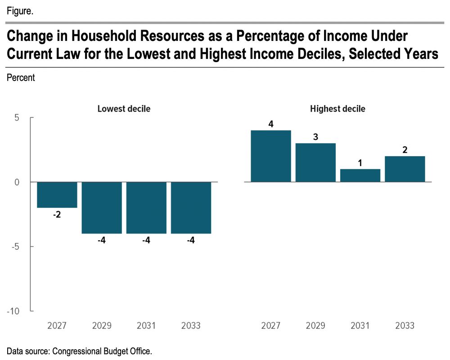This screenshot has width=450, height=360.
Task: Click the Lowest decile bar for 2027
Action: pos(57,195)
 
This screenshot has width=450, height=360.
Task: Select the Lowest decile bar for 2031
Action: pos(146,207)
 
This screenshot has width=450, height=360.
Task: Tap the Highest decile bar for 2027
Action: pos(271,156)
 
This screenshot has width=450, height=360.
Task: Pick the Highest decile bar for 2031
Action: pos(360,175)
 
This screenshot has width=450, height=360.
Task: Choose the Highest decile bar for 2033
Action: pos(405,169)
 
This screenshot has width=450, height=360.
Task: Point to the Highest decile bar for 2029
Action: pos(315,162)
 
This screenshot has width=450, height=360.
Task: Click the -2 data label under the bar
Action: pos(57,215)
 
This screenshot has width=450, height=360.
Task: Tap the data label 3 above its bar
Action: pos(315,137)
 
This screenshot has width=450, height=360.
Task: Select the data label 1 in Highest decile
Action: pos(360,162)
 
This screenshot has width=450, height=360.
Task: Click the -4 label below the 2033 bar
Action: pos(191,241)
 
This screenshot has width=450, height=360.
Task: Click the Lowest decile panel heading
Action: pos(124,109)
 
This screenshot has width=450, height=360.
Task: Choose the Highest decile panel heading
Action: pos(337,109)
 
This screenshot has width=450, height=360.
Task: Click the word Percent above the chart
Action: pos(21,78)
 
